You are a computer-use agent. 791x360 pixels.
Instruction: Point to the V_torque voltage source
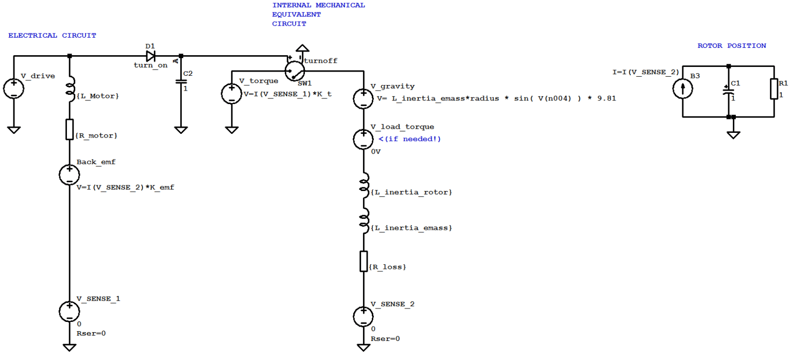click(232, 94)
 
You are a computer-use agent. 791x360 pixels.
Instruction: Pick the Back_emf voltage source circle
click(70, 175)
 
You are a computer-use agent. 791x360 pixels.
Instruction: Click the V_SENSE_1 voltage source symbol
click(70, 311)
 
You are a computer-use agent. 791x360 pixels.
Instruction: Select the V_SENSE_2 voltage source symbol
click(364, 316)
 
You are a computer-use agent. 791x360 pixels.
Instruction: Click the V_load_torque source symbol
click(364, 139)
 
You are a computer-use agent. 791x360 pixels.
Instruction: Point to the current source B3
click(683, 89)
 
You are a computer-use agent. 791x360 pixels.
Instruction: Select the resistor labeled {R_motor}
click(70, 129)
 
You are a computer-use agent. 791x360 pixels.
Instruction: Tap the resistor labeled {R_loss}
click(364, 261)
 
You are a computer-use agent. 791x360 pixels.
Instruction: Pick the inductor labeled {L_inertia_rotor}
click(364, 186)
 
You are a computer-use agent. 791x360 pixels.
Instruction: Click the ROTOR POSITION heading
click(732, 46)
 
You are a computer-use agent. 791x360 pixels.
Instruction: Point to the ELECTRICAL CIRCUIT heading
click(52, 36)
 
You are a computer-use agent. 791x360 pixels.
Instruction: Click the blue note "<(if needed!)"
click(410, 139)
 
